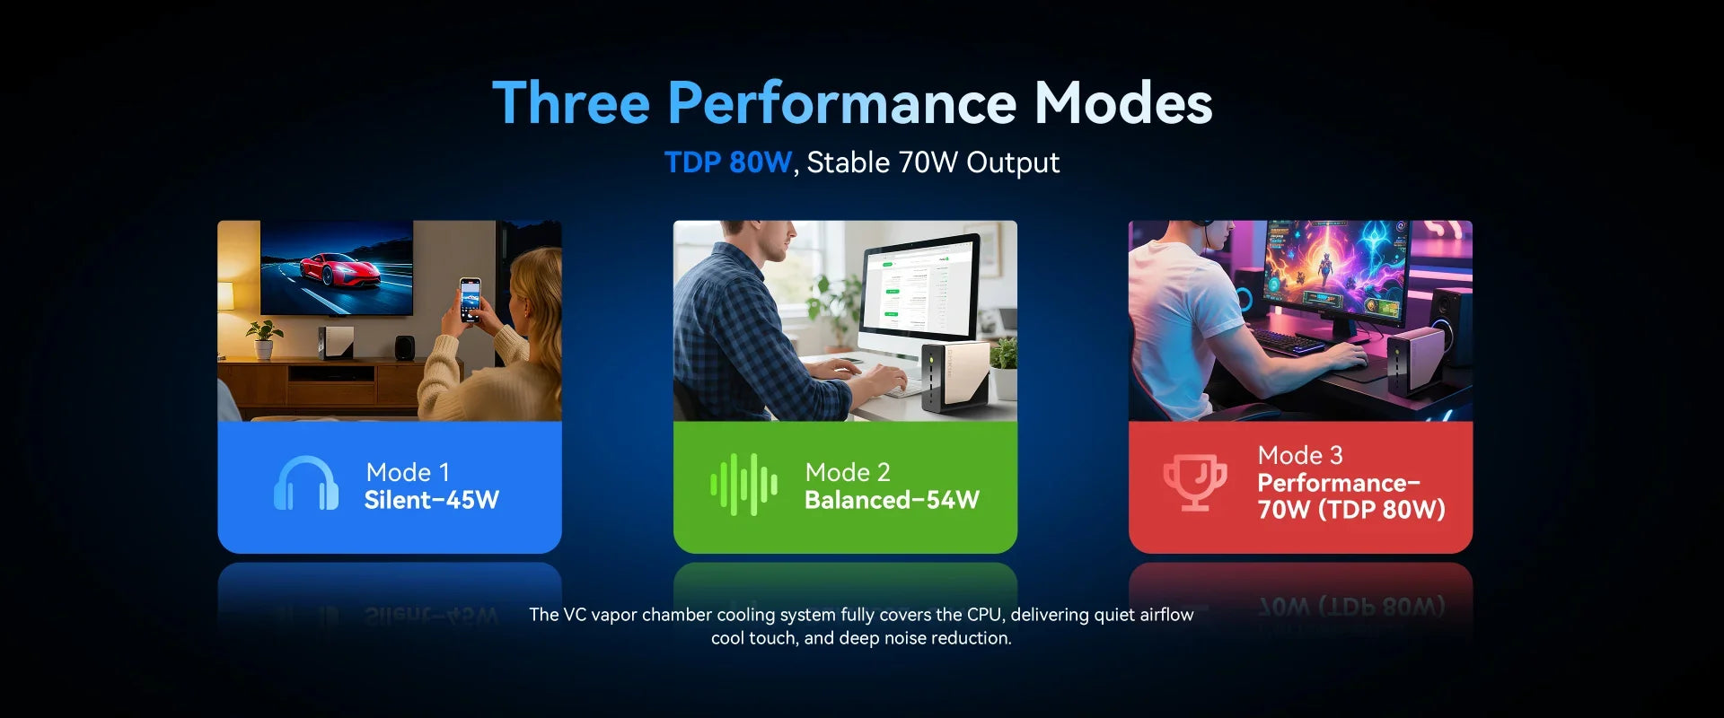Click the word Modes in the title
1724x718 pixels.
[x=1123, y=102]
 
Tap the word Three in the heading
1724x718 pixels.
[x=571, y=102]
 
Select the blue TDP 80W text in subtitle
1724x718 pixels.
[x=728, y=162]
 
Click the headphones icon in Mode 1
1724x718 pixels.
[x=306, y=484]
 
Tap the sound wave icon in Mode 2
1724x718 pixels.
[x=744, y=485]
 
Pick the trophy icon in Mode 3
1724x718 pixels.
[x=1195, y=482]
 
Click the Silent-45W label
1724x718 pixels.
[x=432, y=500]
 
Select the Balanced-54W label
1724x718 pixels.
[x=892, y=500]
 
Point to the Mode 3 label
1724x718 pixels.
[x=1300, y=455]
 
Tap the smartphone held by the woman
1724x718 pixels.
[x=470, y=300]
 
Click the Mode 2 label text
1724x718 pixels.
[x=848, y=472]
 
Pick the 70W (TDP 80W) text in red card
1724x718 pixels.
[x=1351, y=510]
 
